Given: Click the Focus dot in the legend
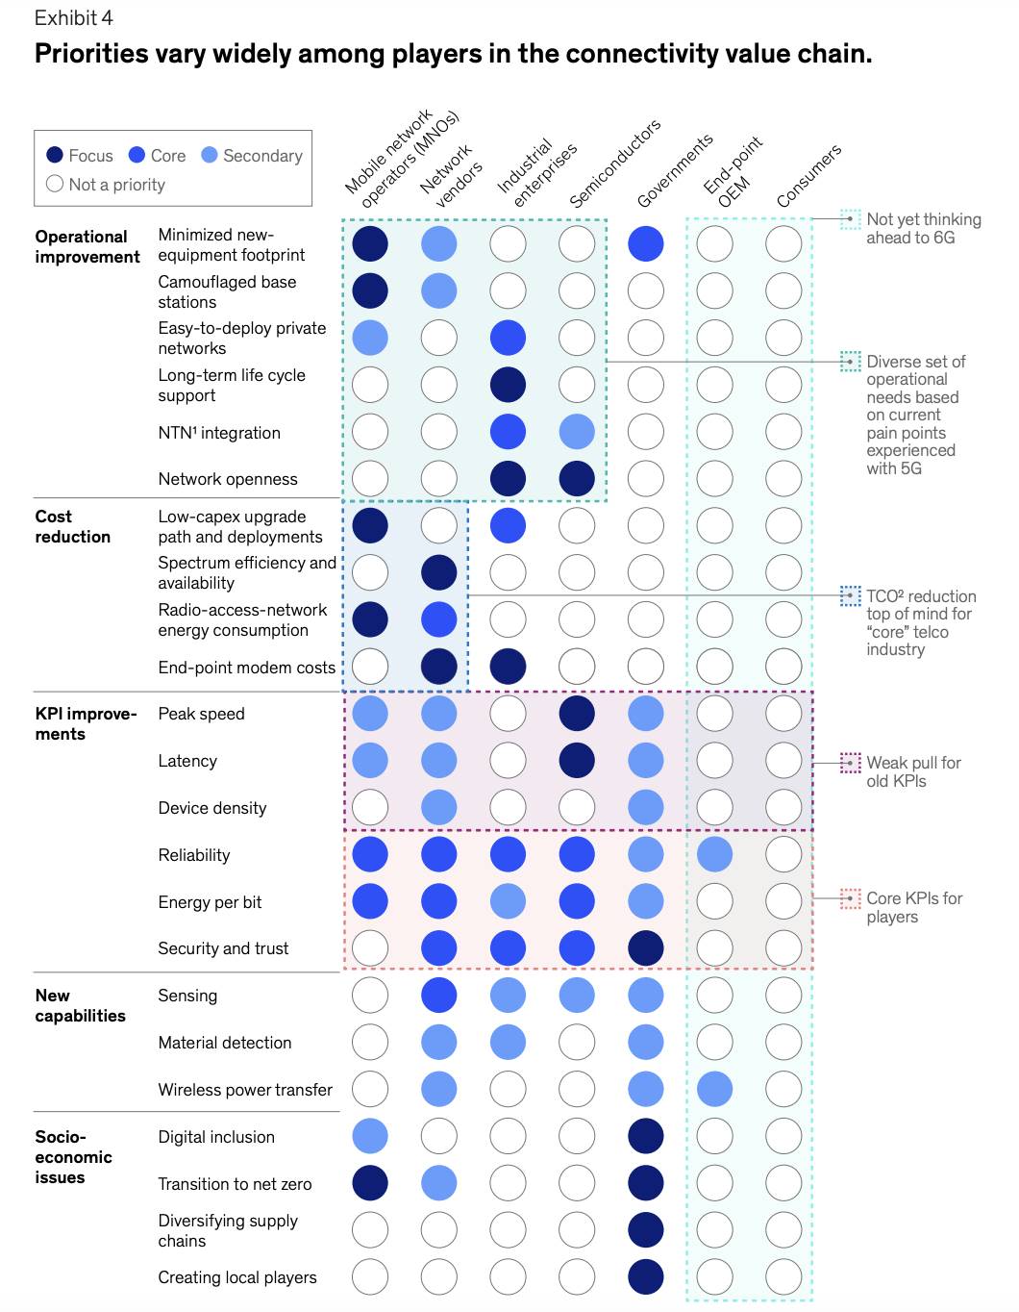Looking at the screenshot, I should click(55, 156).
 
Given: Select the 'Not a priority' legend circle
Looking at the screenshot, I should click(55, 184).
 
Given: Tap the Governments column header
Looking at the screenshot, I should click(675, 171).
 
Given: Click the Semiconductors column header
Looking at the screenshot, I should click(615, 164).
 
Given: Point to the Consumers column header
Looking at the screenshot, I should click(808, 175).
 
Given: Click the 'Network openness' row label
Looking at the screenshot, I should click(228, 479).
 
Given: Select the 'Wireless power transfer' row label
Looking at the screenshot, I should click(245, 1090).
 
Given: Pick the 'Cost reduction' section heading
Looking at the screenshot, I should click(73, 527).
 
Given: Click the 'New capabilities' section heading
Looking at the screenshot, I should click(80, 1006).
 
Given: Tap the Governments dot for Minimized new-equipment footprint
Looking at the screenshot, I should click(646, 244).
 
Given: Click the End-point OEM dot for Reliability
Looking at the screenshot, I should click(714, 854).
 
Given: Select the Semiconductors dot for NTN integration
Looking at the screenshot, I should click(577, 432).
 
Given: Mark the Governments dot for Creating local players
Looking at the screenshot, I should click(646, 1277).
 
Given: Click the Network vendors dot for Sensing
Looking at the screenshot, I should click(439, 996).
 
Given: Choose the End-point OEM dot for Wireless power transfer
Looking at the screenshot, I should click(714, 1089).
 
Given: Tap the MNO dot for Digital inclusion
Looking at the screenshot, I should click(370, 1136).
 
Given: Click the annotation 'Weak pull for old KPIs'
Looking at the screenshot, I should click(913, 771).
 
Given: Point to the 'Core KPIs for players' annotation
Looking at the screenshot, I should click(913, 907).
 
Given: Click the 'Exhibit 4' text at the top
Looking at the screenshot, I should click(74, 18).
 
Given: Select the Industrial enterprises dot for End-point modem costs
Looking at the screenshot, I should click(508, 667).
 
